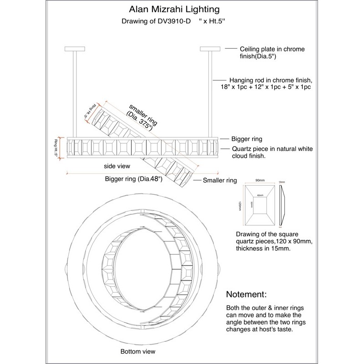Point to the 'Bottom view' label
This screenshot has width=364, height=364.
click(x=137, y=351)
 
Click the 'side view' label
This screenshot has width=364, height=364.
click(x=117, y=167)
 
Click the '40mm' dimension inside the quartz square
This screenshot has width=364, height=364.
click(x=260, y=196)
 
